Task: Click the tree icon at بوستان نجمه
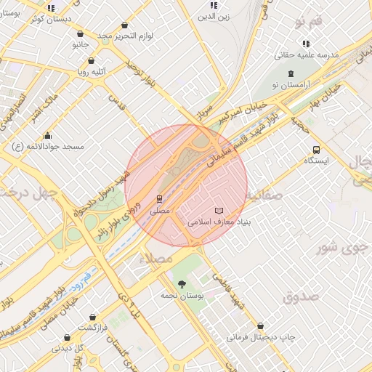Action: pyautogui.click(x=181, y=283)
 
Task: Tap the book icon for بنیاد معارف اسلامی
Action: pyautogui.click(x=219, y=210)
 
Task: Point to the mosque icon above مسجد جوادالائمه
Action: pyautogui.click(x=48, y=134)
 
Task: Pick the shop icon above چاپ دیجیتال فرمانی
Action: pyautogui.click(x=260, y=325)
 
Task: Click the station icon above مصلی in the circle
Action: pyautogui.click(x=159, y=198)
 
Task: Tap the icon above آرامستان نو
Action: pyautogui.click(x=291, y=73)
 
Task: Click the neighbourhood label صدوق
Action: pyautogui.click(x=301, y=296)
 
